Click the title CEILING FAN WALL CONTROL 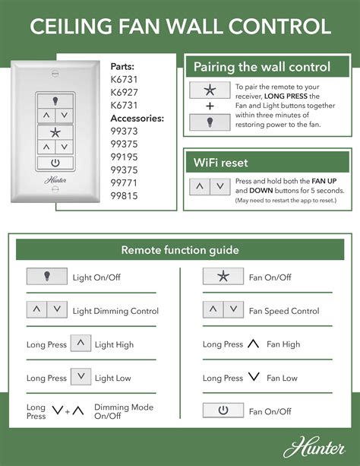click(180, 27)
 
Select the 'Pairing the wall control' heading click(261, 67)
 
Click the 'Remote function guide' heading click(180, 250)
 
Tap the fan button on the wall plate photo click(54, 132)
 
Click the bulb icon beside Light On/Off click(47, 277)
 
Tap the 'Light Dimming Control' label click(115, 311)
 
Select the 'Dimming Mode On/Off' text click(123, 412)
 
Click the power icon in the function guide click(223, 411)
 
